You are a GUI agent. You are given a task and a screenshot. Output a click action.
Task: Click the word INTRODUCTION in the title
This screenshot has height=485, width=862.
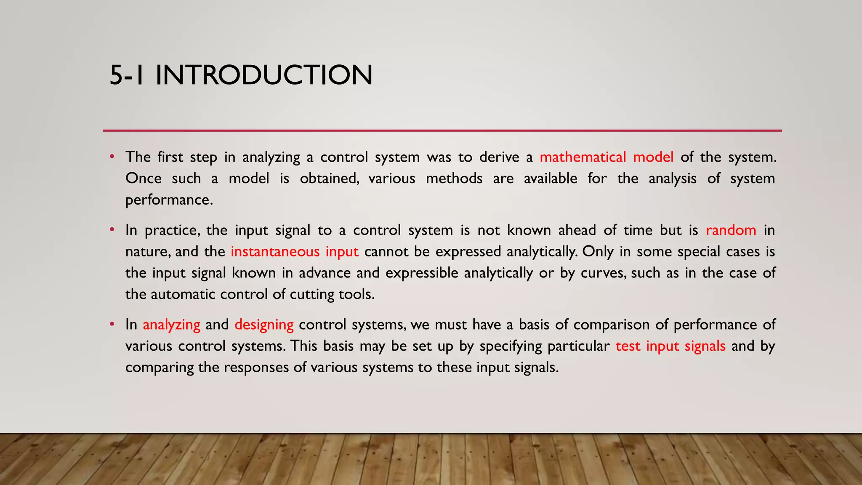point(264,75)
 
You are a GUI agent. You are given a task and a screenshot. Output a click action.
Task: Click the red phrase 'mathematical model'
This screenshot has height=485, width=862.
point(607,157)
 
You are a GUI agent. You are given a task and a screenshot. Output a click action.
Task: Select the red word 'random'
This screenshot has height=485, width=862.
point(731,230)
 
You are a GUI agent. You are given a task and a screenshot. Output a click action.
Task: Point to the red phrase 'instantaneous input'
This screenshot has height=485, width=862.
point(294,252)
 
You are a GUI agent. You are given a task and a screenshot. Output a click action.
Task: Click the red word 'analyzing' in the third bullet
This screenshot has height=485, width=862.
point(171,325)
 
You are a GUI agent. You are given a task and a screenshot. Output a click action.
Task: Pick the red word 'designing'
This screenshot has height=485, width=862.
point(264,325)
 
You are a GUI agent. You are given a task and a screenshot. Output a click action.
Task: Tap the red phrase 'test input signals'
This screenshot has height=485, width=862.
point(670,346)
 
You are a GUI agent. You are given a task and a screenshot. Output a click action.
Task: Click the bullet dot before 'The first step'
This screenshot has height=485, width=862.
point(112,157)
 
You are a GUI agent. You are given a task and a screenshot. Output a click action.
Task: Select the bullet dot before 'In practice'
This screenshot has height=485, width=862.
point(112,230)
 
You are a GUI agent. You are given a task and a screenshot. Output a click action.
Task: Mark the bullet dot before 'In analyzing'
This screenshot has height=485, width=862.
point(112,325)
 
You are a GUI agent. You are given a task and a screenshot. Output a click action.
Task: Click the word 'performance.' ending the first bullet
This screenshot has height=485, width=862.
point(169,200)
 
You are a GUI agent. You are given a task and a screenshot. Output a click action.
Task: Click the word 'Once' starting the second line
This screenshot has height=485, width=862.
point(144,179)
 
